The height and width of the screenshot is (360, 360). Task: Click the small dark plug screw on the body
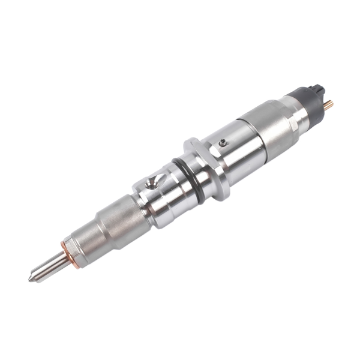click(223, 143)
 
